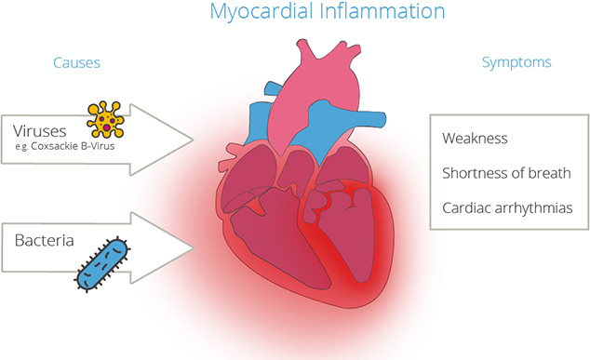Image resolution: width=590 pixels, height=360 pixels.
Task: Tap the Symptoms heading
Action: [x=516, y=62]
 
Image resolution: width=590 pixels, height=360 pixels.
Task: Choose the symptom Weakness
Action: [x=476, y=139]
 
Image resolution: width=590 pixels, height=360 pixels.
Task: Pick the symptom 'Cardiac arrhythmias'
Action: [x=513, y=207]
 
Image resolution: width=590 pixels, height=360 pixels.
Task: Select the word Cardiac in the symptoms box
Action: [x=467, y=207]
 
